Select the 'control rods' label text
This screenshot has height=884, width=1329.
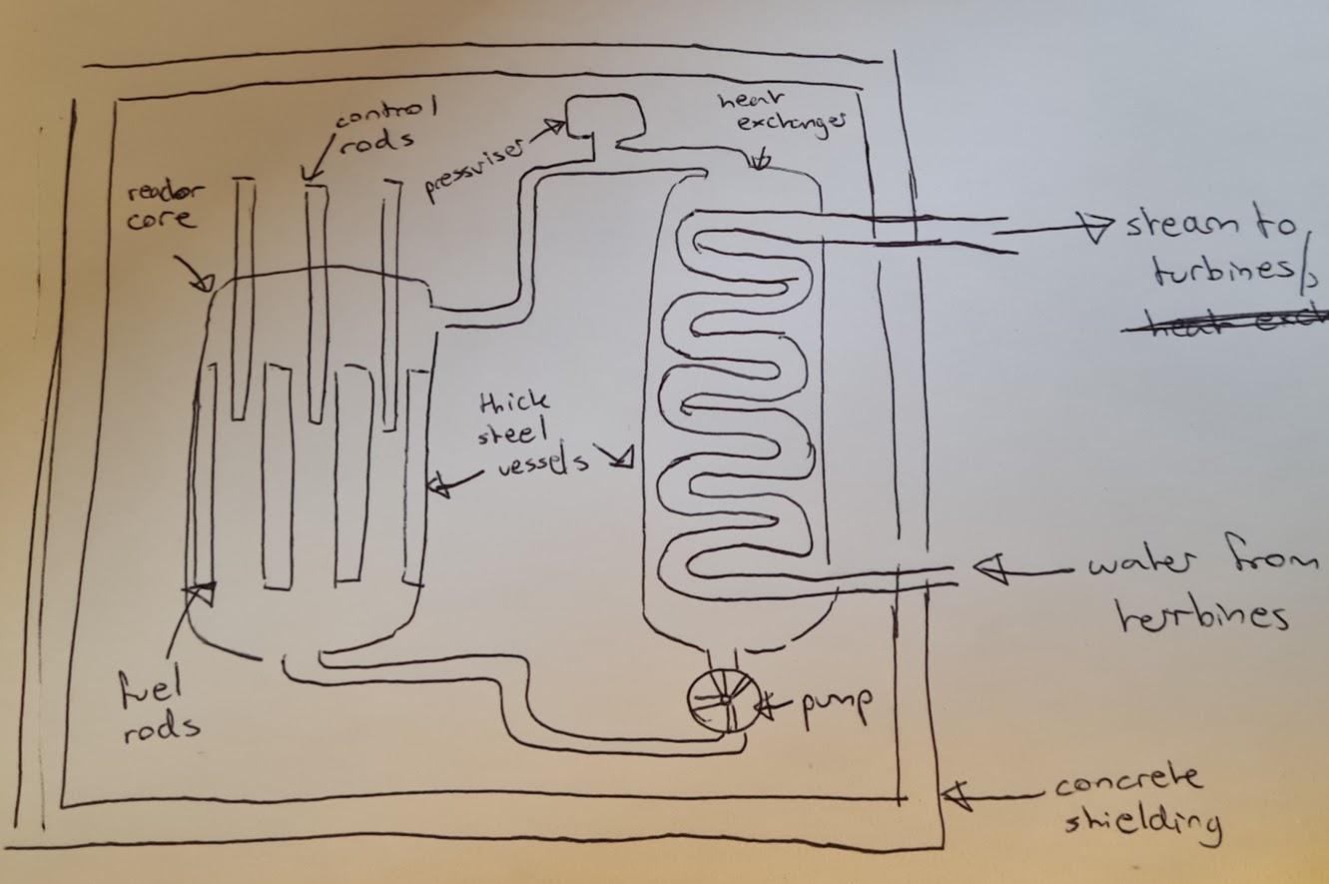[x=375, y=124]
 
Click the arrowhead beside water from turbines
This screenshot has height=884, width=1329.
[x=989, y=568]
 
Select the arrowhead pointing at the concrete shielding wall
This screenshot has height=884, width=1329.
[x=953, y=795]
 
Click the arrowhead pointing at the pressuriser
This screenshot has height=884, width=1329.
[x=555, y=127]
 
